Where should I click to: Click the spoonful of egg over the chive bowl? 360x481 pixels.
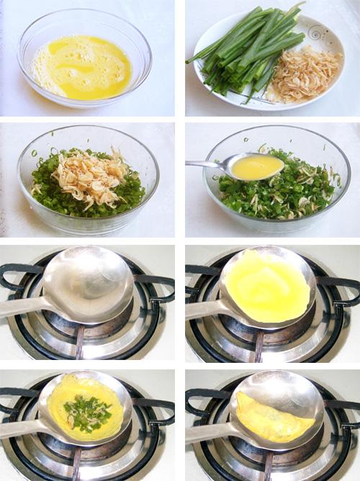256,167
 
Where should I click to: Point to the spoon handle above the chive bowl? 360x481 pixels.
205,163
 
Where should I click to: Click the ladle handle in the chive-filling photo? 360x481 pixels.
22,432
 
